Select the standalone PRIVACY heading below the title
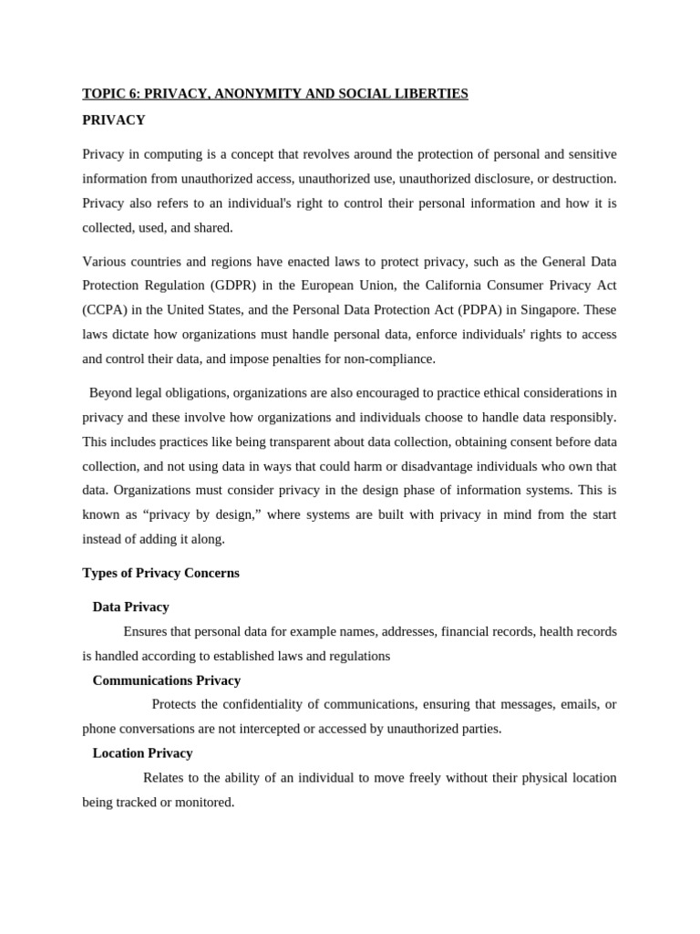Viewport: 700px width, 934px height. click(x=114, y=120)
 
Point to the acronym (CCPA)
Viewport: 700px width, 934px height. click(x=104, y=310)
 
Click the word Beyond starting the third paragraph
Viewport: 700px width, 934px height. click(x=110, y=393)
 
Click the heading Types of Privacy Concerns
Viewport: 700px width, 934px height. click(x=160, y=573)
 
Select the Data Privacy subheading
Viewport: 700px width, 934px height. click(x=130, y=607)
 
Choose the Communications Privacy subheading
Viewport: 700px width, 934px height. click(x=166, y=680)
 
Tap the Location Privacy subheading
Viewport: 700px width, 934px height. click(x=142, y=753)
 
